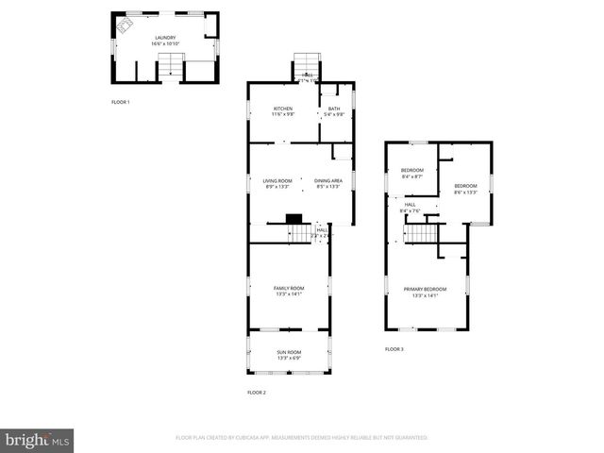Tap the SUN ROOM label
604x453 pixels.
[x=289, y=355]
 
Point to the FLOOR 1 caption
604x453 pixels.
[x=120, y=102]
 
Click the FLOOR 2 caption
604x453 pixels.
[x=257, y=392]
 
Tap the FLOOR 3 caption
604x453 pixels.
[x=394, y=349]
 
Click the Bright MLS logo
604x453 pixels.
[x=38, y=440]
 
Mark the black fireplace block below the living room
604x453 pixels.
[x=293, y=218]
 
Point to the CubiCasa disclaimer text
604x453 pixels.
[x=302, y=438]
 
